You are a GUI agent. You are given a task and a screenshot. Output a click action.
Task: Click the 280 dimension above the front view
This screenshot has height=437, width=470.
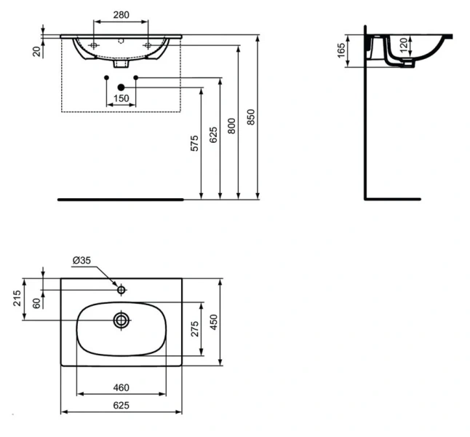tap(120, 15)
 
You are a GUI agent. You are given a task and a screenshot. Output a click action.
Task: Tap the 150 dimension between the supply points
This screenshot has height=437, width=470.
tap(121, 98)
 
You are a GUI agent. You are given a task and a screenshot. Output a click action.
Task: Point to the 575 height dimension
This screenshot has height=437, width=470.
tap(194, 143)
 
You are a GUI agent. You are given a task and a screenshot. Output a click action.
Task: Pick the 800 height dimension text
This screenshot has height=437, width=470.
tap(231, 125)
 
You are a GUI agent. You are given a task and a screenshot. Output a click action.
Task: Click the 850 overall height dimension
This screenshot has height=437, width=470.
tap(251, 117)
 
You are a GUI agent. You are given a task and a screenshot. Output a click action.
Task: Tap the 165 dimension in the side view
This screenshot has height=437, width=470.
tap(341, 51)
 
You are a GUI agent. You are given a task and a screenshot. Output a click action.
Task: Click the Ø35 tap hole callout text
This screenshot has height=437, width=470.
tap(81, 260)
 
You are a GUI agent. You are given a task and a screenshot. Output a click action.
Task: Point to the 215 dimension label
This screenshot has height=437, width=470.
tap(18, 299)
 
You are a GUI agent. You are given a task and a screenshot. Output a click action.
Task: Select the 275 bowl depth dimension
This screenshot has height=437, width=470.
tap(194, 329)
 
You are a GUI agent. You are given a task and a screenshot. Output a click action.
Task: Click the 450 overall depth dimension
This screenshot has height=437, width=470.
tap(214, 320)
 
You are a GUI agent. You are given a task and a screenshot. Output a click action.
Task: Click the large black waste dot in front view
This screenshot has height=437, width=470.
tap(121, 87)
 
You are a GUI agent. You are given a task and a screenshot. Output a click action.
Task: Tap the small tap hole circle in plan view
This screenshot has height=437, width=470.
tap(121, 291)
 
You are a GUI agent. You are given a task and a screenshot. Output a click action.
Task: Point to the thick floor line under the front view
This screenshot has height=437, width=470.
tap(121, 197)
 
